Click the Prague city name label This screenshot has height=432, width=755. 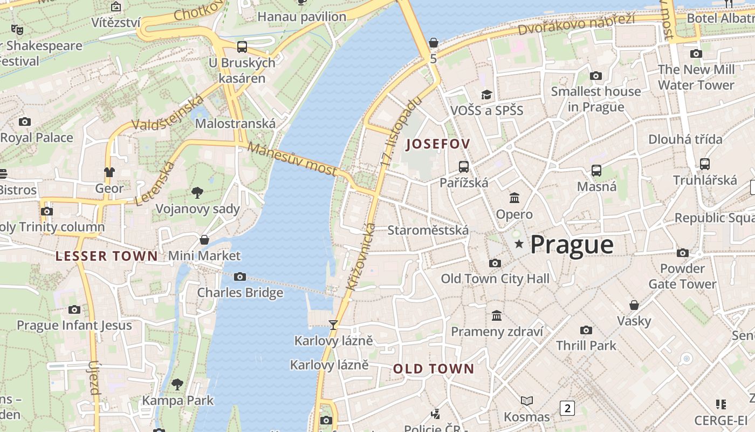(572, 245)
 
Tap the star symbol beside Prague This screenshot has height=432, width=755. (519, 244)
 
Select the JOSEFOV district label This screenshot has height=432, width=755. (438, 144)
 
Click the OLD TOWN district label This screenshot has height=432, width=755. (434, 369)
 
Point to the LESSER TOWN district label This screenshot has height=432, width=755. (107, 256)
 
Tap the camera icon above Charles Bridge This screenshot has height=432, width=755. (240, 277)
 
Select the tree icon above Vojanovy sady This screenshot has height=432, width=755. (197, 193)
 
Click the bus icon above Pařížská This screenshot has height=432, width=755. (464, 166)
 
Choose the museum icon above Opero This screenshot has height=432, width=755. (514, 198)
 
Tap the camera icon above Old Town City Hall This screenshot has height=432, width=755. (495, 263)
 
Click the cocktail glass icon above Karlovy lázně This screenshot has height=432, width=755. (333, 325)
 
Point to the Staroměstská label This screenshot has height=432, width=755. (428, 231)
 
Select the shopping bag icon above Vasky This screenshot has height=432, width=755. (634, 305)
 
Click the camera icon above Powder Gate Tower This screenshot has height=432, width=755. (683, 253)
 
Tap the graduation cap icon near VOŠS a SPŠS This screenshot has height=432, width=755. (487, 94)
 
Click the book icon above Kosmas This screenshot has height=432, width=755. (527, 401)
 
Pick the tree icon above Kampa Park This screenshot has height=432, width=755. (177, 384)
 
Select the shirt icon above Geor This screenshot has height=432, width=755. (109, 172)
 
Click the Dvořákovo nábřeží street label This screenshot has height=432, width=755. (576, 24)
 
